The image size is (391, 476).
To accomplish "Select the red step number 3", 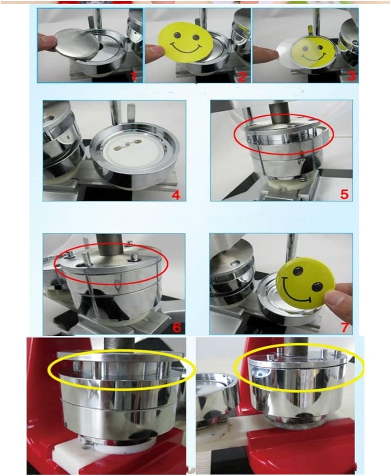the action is coord(351,76).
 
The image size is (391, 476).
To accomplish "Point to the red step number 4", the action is coord(176,195).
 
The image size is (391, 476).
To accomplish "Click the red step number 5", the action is coord(344,195).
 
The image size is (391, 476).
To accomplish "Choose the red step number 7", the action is coord(345,327).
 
